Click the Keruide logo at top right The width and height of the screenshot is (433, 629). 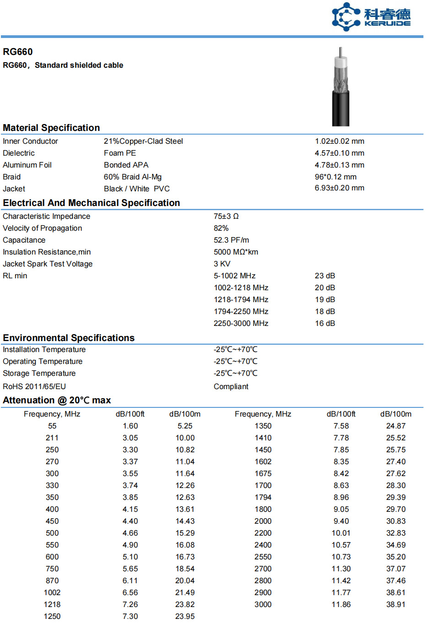point(371,17)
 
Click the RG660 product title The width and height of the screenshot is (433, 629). point(18,52)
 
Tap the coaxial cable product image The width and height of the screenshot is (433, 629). point(341,87)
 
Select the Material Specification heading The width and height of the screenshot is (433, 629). point(51,128)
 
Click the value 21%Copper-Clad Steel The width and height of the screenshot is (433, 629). point(143,141)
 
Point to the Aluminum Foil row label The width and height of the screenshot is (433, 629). point(27,165)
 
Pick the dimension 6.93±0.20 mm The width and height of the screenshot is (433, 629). point(339,188)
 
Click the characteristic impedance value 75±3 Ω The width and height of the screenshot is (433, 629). point(226,216)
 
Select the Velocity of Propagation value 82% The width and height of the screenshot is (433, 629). point(221,228)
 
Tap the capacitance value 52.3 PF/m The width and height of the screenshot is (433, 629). point(231,240)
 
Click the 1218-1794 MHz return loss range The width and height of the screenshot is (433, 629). point(241,299)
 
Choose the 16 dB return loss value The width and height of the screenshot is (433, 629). point(325,323)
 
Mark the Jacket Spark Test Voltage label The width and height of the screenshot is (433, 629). point(48,264)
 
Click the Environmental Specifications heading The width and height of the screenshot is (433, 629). point(69,338)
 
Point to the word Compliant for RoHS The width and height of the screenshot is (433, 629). point(231,386)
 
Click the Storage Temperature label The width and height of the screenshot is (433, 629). point(39,373)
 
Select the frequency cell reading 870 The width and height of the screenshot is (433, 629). point(52,580)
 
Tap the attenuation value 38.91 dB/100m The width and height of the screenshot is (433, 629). point(395,604)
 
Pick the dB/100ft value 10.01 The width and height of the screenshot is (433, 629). point(341,533)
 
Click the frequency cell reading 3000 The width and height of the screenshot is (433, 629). point(263,604)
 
